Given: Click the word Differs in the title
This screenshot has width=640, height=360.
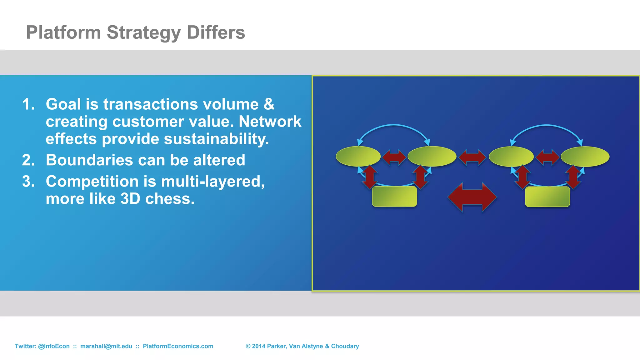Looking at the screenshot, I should [x=216, y=32].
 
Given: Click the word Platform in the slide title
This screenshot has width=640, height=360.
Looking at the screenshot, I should [x=63, y=32].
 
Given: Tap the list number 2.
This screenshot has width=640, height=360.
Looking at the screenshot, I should [x=28, y=160].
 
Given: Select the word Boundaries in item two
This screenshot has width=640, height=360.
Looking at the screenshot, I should [x=89, y=160].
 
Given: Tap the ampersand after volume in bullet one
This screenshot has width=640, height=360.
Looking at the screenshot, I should [x=269, y=104].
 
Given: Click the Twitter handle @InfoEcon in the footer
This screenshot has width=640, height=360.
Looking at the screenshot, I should [x=54, y=346].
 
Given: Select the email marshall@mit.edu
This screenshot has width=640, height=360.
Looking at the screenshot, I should [x=106, y=346].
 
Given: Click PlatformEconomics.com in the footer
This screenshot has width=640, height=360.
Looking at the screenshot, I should [x=178, y=346].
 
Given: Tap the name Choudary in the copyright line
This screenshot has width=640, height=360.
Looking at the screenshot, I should [x=345, y=346].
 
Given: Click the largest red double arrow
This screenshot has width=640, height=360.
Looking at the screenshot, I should [x=472, y=197].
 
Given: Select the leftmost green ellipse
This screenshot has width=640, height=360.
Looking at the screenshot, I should [x=358, y=156].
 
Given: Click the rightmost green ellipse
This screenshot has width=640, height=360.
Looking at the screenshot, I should [x=585, y=156].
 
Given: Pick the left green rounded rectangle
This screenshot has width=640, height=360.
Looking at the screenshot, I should [x=394, y=197].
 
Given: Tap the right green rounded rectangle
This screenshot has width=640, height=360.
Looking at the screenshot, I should [x=547, y=197].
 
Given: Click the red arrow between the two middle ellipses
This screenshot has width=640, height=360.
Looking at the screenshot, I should [x=472, y=157].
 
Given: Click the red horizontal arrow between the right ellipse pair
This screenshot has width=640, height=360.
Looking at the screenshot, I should [x=547, y=157].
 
